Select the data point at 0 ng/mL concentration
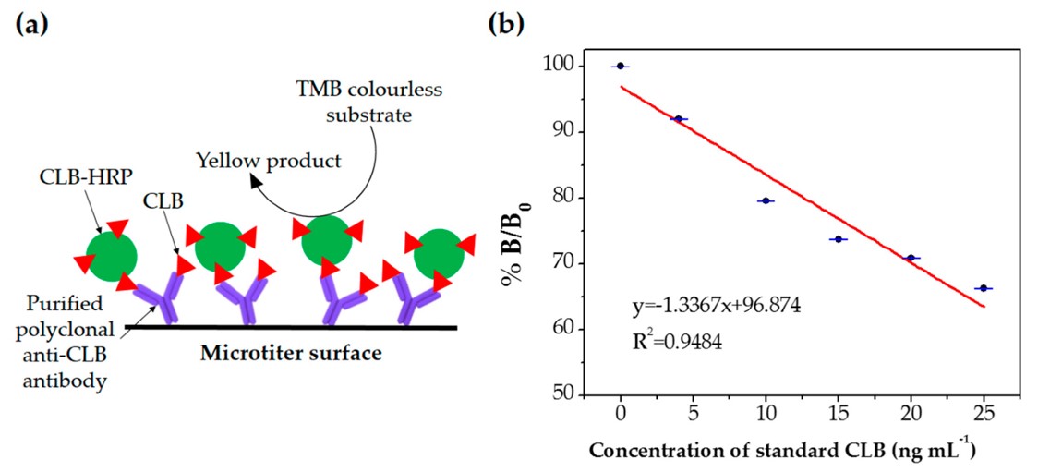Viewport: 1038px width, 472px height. (620, 66)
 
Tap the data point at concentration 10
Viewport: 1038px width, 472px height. (766, 200)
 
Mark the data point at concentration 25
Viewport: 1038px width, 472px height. (984, 288)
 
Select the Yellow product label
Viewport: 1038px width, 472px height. (269, 161)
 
